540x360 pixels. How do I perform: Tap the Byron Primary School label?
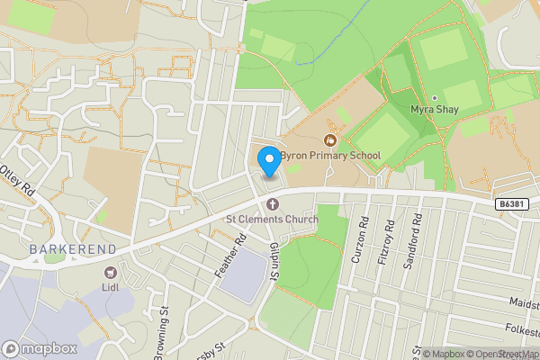coord(330,156)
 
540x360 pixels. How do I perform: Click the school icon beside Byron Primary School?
coord(330,140)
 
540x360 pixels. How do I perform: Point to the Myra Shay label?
coord(434,109)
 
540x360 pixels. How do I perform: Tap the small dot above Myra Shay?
coord(434,97)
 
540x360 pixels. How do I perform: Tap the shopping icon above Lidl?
coord(111,272)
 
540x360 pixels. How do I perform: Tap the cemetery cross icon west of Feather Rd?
coord(102,217)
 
